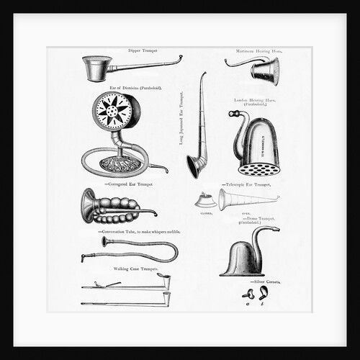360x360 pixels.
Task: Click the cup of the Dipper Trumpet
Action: point(96,70)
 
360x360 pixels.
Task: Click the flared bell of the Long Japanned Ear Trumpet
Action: point(194,167)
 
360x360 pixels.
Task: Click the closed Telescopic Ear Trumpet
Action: point(206,199)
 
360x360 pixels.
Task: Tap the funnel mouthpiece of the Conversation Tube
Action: point(105,242)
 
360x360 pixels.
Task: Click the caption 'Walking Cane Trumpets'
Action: point(136,268)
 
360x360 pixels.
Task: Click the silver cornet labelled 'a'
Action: point(249,294)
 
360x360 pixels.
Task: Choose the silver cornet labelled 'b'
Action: point(263,292)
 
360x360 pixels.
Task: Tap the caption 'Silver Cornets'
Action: point(265,282)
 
